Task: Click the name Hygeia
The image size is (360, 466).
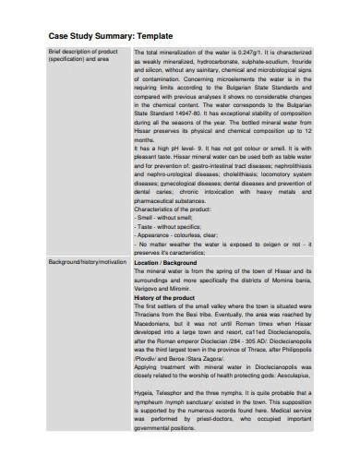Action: coord(147,417)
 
